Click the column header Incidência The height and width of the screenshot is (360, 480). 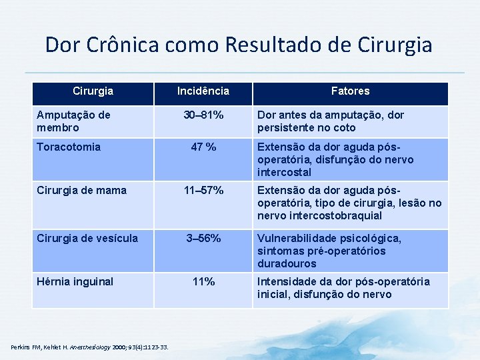tap(203, 91)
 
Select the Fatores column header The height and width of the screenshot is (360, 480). tap(350, 91)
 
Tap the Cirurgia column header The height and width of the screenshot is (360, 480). tap(93, 91)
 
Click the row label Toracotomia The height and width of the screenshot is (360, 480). tap(69, 147)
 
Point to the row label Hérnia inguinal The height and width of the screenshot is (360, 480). tap(75, 282)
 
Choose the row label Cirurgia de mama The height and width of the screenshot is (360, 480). tap(81, 191)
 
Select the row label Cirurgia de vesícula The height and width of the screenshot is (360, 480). tap(88, 239)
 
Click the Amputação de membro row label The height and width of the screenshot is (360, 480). tap(73, 121)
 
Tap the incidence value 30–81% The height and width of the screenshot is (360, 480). tap(203, 115)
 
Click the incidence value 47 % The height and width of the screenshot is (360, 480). tap(203, 147)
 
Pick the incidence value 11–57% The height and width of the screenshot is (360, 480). tap(203, 191)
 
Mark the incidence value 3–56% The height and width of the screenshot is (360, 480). tap(203, 239)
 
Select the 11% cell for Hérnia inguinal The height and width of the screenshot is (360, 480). tap(203, 282)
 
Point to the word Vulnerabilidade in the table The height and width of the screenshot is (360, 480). tap(298, 239)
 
